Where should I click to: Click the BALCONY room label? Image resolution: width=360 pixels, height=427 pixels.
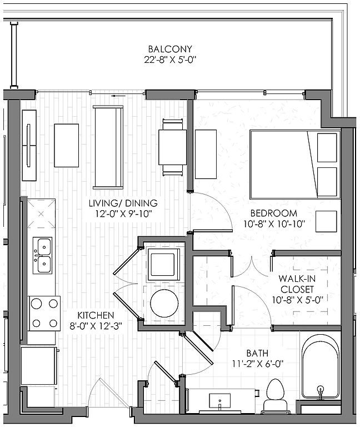click(170, 49)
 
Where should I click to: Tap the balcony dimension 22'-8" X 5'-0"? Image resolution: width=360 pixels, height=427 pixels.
click(170, 59)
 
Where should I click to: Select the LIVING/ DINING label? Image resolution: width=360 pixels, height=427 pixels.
click(123, 203)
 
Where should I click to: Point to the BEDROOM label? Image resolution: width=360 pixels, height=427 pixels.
click(274, 213)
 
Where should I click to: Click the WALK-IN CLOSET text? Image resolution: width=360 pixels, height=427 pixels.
click(297, 284)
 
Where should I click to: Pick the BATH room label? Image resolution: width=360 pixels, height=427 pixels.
click(257, 353)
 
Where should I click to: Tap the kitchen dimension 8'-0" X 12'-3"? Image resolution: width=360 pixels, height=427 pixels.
click(96, 326)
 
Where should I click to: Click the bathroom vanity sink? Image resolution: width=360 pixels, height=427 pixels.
click(220, 401)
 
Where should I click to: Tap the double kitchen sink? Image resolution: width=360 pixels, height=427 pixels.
click(42, 255)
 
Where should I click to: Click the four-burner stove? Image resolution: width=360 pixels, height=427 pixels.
click(44, 314)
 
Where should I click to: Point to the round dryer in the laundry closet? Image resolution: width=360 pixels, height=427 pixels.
click(164, 303)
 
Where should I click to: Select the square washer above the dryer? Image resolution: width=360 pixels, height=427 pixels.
click(163, 265)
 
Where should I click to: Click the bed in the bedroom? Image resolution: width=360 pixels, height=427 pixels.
click(295, 165)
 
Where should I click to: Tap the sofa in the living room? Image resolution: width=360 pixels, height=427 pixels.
click(108, 147)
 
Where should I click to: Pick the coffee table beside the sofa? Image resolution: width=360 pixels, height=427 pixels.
click(67, 146)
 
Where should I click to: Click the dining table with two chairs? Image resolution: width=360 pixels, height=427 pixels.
click(173, 147)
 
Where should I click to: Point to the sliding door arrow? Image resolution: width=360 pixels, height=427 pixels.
click(118, 96)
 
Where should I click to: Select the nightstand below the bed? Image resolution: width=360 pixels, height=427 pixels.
click(326, 221)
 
